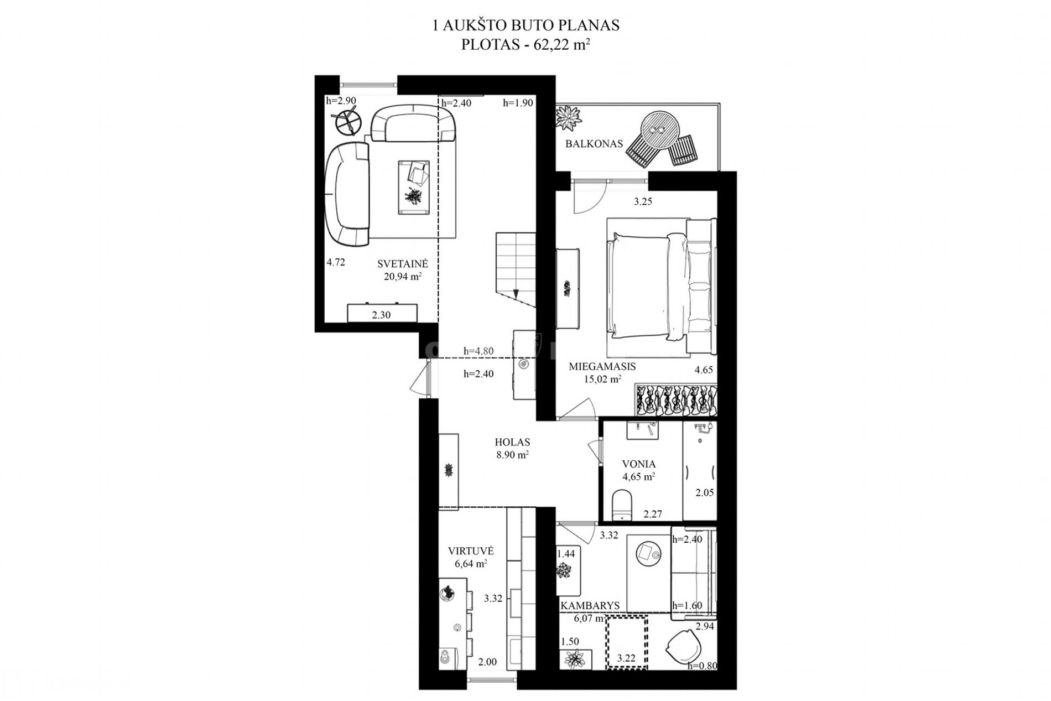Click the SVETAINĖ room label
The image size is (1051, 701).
403,264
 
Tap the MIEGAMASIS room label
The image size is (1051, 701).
602,366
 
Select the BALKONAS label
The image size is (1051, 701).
594,144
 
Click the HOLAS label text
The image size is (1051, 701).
512,442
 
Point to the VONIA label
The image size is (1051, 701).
639,464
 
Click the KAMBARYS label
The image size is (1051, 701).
590,606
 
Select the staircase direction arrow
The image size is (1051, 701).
516,294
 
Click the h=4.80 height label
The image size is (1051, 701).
478,351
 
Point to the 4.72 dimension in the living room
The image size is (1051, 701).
336,262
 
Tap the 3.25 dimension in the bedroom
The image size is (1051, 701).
643,202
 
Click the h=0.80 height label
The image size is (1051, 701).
702,666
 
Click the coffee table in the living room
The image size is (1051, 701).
413,186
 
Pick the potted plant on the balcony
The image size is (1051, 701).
569,116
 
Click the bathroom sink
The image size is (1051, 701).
643,430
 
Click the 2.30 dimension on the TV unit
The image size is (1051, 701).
381,315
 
